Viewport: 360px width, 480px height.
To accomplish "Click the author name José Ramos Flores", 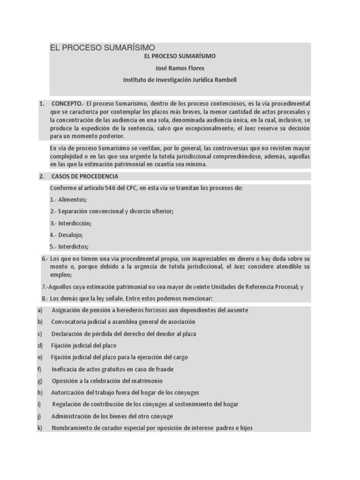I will pyautogui.click(x=180, y=68).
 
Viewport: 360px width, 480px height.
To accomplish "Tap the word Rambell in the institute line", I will pyautogui.click(x=225, y=80).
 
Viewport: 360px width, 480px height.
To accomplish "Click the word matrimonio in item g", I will pyautogui.click(x=149, y=381).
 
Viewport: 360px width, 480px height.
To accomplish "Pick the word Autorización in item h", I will pyautogui.click(x=70, y=393).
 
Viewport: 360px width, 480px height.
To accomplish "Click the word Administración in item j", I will pyautogui.click(x=73, y=416).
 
